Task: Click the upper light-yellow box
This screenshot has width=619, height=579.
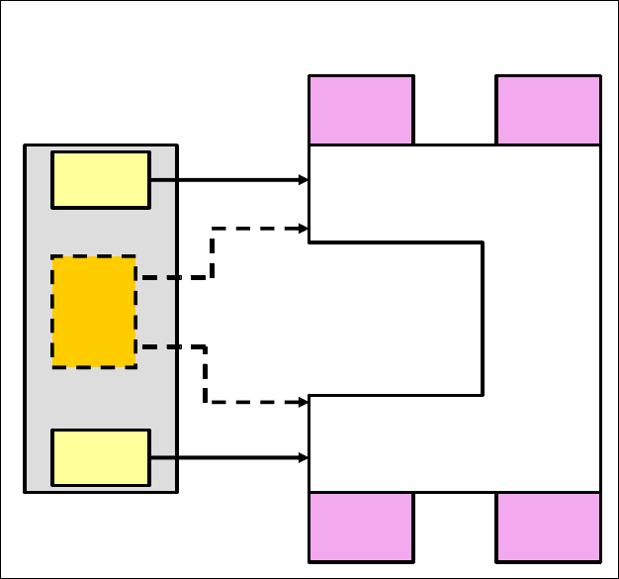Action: point(100,179)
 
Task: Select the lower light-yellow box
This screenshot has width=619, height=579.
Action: point(100,457)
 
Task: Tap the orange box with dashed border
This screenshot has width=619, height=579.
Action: point(94,312)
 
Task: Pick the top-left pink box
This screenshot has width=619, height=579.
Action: point(361,110)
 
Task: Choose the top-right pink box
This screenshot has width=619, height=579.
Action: point(548,110)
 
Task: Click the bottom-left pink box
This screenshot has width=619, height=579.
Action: point(361,526)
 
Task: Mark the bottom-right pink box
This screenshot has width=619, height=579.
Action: point(548,526)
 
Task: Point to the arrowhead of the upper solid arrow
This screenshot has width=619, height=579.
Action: point(305,180)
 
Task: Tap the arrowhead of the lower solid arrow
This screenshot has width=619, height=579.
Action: point(305,457)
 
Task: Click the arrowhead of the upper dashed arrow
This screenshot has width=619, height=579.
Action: point(305,229)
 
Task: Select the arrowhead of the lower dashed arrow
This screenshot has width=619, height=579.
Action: point(305,402)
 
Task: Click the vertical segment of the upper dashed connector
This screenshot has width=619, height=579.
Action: point(212,253)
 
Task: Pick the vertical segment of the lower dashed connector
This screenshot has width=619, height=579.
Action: point(205,374)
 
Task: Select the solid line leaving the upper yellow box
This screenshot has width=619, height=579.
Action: point(227,180)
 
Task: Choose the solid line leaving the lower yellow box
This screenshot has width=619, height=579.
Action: point(227,457)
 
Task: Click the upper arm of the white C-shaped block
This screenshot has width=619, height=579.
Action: point(396,193)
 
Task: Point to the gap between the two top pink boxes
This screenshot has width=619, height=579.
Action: point(455,110)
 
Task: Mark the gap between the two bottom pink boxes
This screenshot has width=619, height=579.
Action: point(455,526)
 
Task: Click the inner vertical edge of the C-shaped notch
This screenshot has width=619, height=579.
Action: point(483,318)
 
